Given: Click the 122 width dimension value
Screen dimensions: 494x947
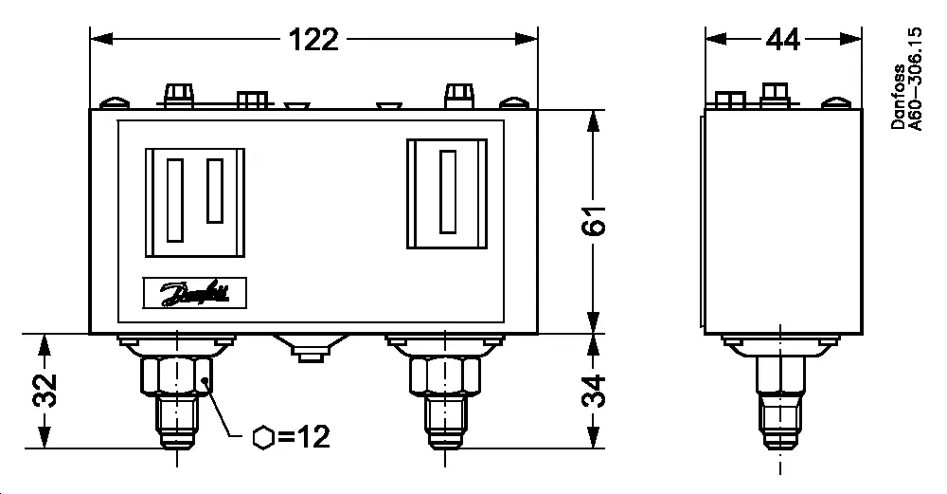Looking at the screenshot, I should coord(313,39).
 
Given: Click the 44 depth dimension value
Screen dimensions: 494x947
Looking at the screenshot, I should coord(782,39).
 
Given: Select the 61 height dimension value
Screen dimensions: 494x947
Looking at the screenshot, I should coord(594,221).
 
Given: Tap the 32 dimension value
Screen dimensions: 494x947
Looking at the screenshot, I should coord(44,391).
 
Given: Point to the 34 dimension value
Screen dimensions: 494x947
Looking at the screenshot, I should coord(594,391).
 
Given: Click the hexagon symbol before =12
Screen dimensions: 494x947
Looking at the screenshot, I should coord(265,438).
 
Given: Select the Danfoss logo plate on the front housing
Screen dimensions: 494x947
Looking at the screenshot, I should coord(194,293).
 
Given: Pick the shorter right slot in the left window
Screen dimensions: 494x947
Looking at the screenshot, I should coord(215,191).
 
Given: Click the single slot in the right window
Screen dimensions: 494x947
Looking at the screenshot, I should coord(447,192).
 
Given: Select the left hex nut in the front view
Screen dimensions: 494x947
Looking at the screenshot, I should coord(177,375).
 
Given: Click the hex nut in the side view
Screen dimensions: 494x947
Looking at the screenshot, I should coord(781,375).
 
